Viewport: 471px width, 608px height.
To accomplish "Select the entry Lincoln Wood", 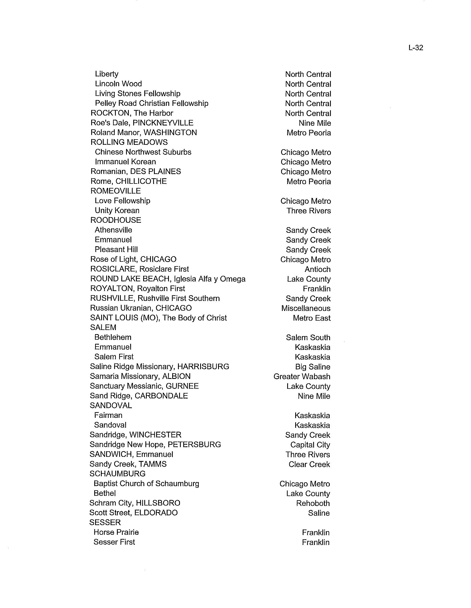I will pyautogui.click(x=118, y=84).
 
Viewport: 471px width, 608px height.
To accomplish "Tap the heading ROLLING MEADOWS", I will pyautogui.click(x=129, y=142).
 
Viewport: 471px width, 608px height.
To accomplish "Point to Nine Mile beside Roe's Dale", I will pyautogui.click(x=315, y=123).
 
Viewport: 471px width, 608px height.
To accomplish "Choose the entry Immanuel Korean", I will pyautogui.click(x=125, y=162).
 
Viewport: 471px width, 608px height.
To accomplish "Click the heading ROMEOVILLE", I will pyautogui.click(x=116, y=191).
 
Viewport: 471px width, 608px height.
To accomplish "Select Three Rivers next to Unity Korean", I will pyautogui.click(x=308, y=211).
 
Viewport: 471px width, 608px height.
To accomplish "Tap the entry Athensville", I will pyautogui.click(x=113, y=230).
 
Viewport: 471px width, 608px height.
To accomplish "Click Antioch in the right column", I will pyautogui.click(x=317, y=269).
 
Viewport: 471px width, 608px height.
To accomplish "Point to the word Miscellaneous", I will pyautogui.click(x=306, y=308).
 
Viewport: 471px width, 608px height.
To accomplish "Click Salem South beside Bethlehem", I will pyautogui.click(x=308, y=337).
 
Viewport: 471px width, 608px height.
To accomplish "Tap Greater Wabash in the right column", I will pyautogui.click(x=302, y=376).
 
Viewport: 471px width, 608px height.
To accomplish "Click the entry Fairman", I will pyautogui.click(x=108, y=415).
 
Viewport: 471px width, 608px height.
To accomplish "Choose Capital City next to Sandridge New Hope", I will pyautogui.click(x=310, y=445).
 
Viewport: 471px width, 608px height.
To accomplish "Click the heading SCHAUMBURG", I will pyautogui.click(x=117, y=473).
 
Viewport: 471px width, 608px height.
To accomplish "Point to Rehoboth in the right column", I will pyautogui.click(x=313, y=503).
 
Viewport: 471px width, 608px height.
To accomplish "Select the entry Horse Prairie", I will pyautogui.click(x=116, y=532).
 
